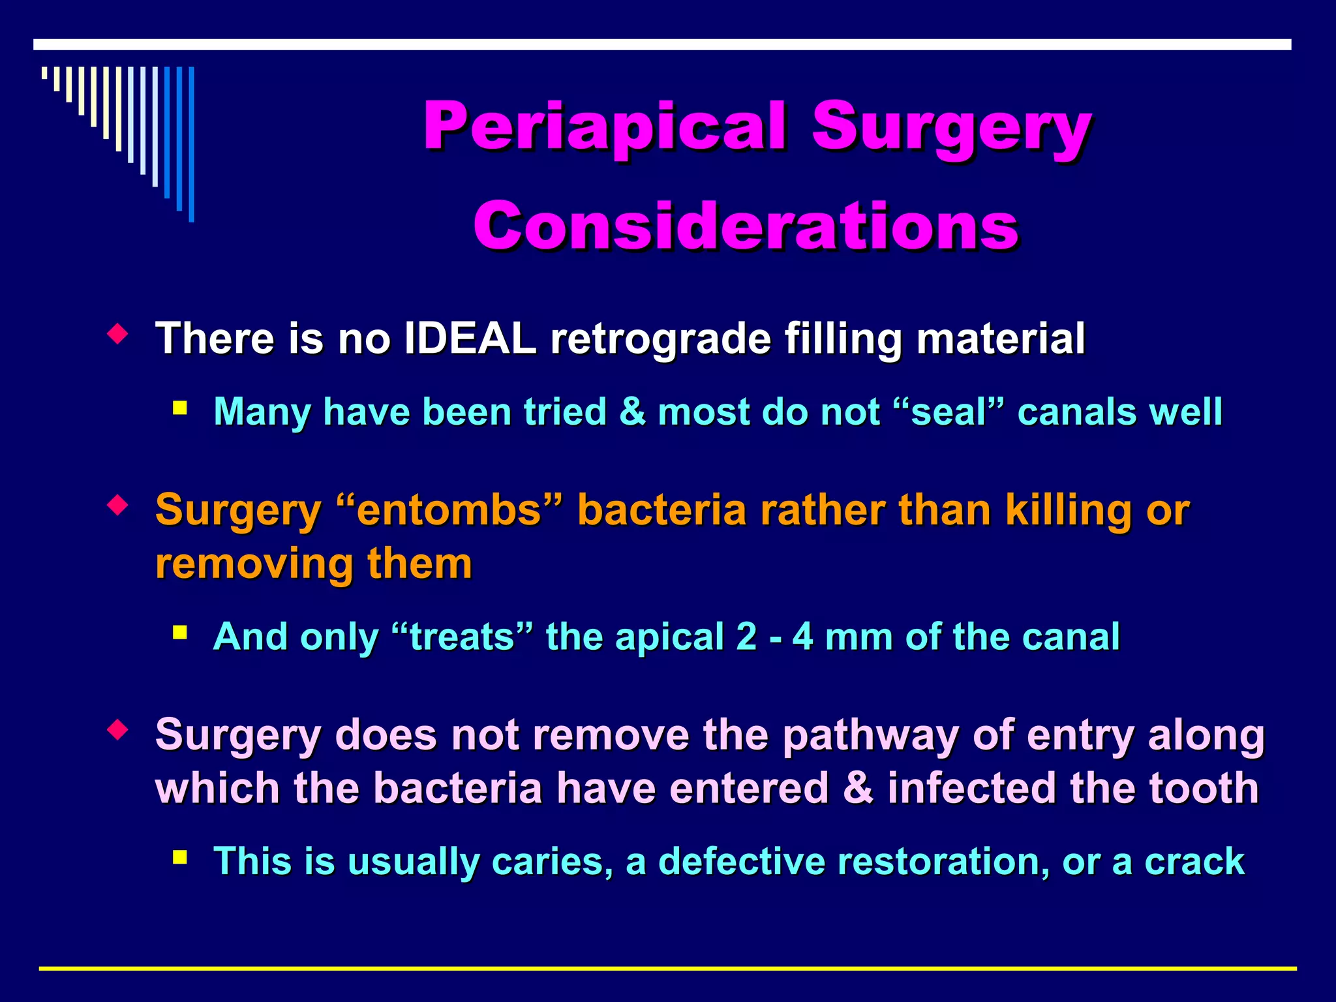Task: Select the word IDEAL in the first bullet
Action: (x=470, y=339)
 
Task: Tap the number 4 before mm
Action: (x=802, y=637)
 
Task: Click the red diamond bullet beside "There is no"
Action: (x=117, y=335)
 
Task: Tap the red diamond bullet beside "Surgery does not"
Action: (x=117, y=730)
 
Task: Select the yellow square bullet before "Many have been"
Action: (x=180, y=409)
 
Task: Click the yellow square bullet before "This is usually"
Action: (x=180, y=857)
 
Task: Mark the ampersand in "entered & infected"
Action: (x=857, y=788)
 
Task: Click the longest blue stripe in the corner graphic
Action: (x=191, y=144)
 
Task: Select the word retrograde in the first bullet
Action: (x=660, y=339)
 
